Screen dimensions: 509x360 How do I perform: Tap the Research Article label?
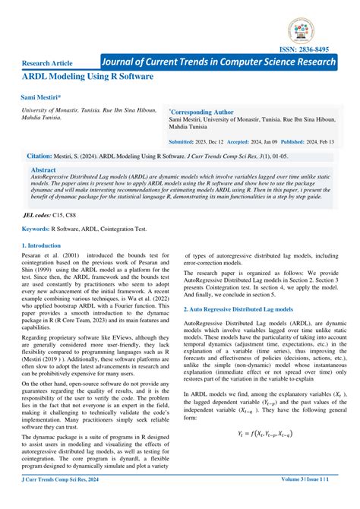tap(48, 63)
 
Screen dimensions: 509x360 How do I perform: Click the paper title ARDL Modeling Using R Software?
tap(87, 77)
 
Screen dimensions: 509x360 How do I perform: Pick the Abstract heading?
tap(43, 170)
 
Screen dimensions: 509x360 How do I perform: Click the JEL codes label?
tap(42, 216)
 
